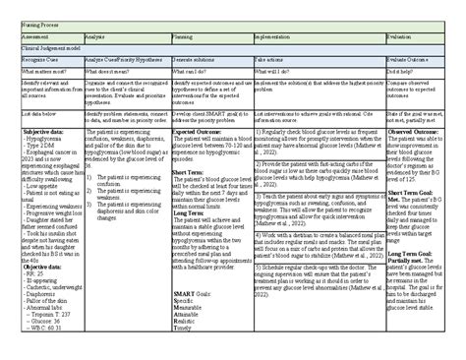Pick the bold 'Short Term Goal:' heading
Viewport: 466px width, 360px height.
[415, 192]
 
